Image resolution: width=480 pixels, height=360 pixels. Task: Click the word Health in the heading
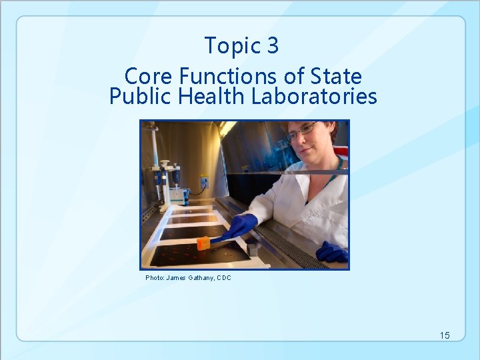[213, 97]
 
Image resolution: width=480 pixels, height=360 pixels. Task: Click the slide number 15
[445, 335]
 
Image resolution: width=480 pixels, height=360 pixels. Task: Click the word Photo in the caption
[154, 278]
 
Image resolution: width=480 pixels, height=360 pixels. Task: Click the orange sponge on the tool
[203, 243]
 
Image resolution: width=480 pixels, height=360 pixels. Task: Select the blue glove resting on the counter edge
[332, 253]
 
